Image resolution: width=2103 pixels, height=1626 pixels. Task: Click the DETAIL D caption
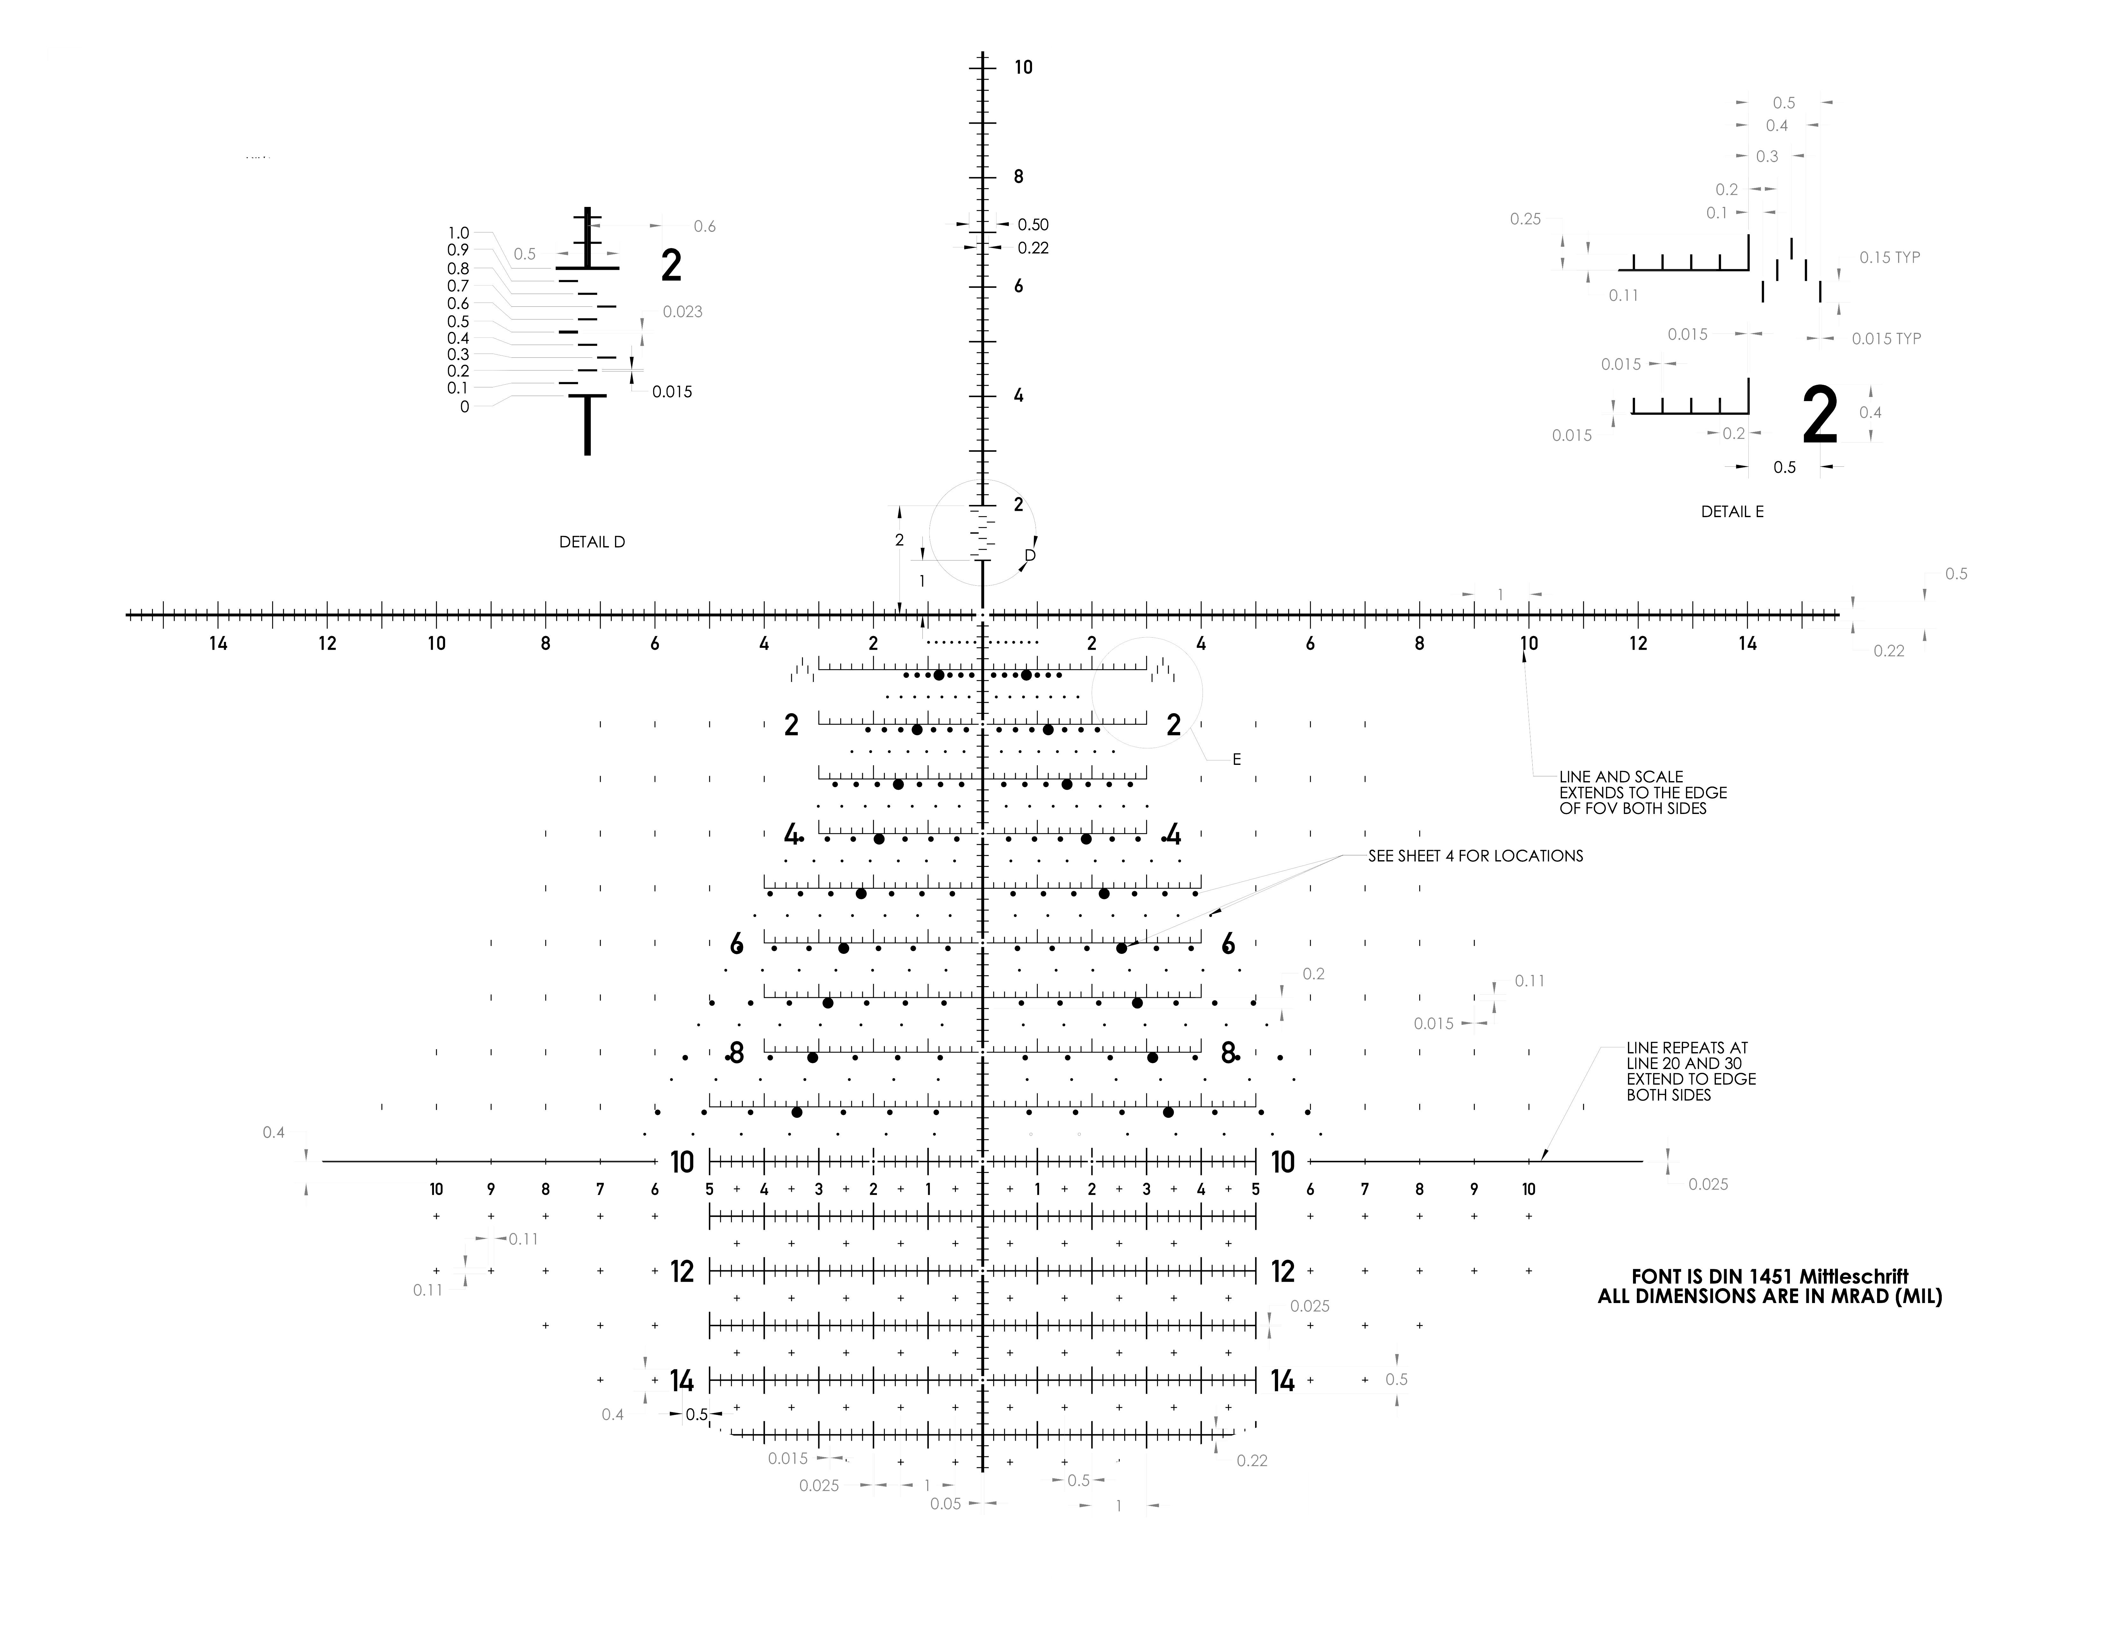pyautogui.click(x=591, y=542)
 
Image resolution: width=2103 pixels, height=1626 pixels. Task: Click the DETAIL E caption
pyautogui.click(x=1731, y=512)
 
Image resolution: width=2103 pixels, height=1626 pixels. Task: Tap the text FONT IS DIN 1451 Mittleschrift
pyautogui.click(x=1770, y=1277)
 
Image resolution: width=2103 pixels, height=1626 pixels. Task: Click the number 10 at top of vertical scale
pyautogui.click(x=1023, y=67)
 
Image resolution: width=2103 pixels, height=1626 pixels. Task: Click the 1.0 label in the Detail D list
pyautogui.click(x=458, y=233)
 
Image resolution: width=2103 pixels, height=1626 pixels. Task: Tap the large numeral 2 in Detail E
pyautogui.click(x=1819, y=416)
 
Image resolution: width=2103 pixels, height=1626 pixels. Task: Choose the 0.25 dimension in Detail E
pyautogui.click(x=1525, y=220)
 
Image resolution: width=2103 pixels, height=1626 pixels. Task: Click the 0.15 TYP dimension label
pyautogui.click(x=1889, y=258)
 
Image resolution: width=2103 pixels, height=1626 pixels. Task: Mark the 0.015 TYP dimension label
pyautogui.click(x=1885, y=339)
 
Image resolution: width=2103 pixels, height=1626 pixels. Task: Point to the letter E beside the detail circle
pyautogui.click(x=1236, y=760)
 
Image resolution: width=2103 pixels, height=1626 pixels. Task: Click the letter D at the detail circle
pyautogui.click(x=1029, y=556)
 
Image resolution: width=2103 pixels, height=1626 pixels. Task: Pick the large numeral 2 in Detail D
pyautogui.click(x=671, y=266)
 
